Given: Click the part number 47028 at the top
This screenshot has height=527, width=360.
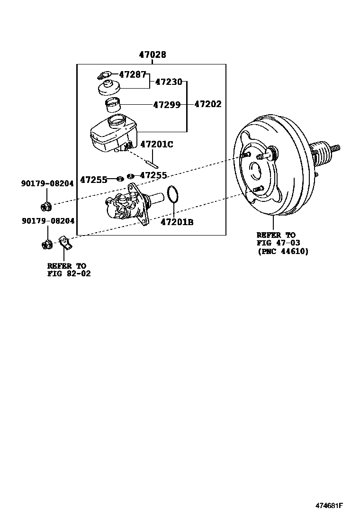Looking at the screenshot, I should pyautogui.click(x=152, y=55).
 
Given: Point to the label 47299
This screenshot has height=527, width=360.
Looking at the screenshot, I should pyautogui.click(x=167, y=105).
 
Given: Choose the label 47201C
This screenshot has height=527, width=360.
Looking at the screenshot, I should pyautogui.click(x=157, y=144).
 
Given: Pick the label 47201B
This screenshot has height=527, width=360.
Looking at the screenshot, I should pyautogui.click(x=177, y=221).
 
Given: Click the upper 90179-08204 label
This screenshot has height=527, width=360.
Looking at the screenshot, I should pyautogui.click(x=47, y=183).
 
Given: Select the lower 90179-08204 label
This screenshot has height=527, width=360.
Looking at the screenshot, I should pyautogui.click(x=47, y=221).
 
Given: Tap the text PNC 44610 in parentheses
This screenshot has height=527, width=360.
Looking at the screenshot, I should pyautogui.click(x=283, y=252).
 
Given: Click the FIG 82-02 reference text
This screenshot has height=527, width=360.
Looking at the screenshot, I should pyautogui.click(x=69, y=273).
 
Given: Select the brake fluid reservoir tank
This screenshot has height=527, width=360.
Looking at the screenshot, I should pyautogui.click(x=110, y=135).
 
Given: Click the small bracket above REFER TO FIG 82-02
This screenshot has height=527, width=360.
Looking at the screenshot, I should pyautogui.click(x=65, y=242).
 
